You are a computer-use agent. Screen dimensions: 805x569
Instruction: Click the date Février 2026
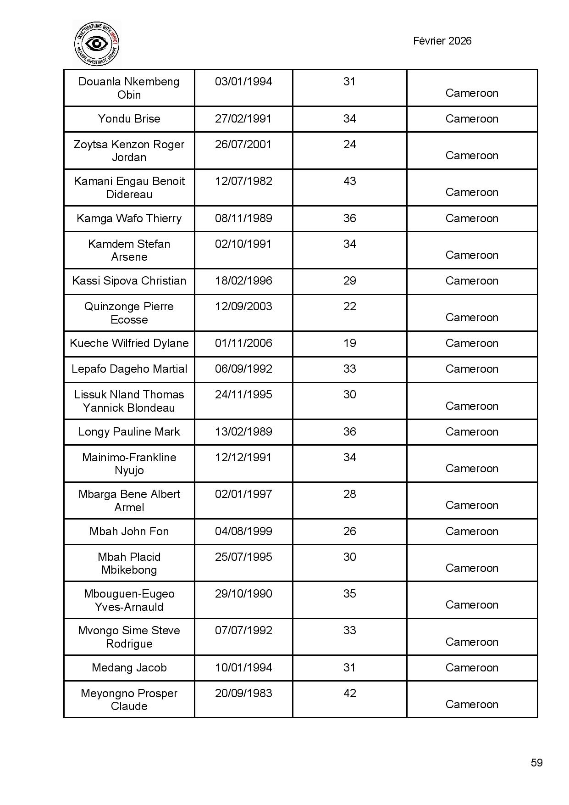point(442,41)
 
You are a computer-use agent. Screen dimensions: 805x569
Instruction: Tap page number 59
point(536,763)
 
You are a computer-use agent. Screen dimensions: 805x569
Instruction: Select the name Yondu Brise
point(129,119)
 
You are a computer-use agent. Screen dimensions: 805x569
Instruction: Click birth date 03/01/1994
point(243,82)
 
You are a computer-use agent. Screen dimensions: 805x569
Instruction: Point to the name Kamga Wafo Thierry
point(129,218)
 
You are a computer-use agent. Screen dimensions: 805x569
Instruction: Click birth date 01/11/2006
point(243,343)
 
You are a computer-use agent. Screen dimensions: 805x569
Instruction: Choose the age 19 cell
point(349,343)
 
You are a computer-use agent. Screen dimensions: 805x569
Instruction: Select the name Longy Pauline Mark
point(129,432)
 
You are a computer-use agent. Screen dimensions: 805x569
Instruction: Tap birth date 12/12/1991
point(243,458)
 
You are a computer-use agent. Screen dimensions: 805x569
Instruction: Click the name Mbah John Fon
point(129,531)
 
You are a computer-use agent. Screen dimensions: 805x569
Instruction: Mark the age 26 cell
point(349,531)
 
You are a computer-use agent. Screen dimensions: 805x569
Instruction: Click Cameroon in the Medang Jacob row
point(471,668)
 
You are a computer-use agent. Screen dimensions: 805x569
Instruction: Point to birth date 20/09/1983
point(243,693)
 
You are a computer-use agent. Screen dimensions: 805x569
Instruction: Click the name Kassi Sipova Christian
point(129,281)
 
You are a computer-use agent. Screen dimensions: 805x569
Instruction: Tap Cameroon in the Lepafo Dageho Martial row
point(471,369)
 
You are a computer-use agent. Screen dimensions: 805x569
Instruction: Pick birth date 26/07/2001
point(243,145)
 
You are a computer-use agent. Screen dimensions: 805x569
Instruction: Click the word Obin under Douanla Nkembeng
point(129,95)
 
